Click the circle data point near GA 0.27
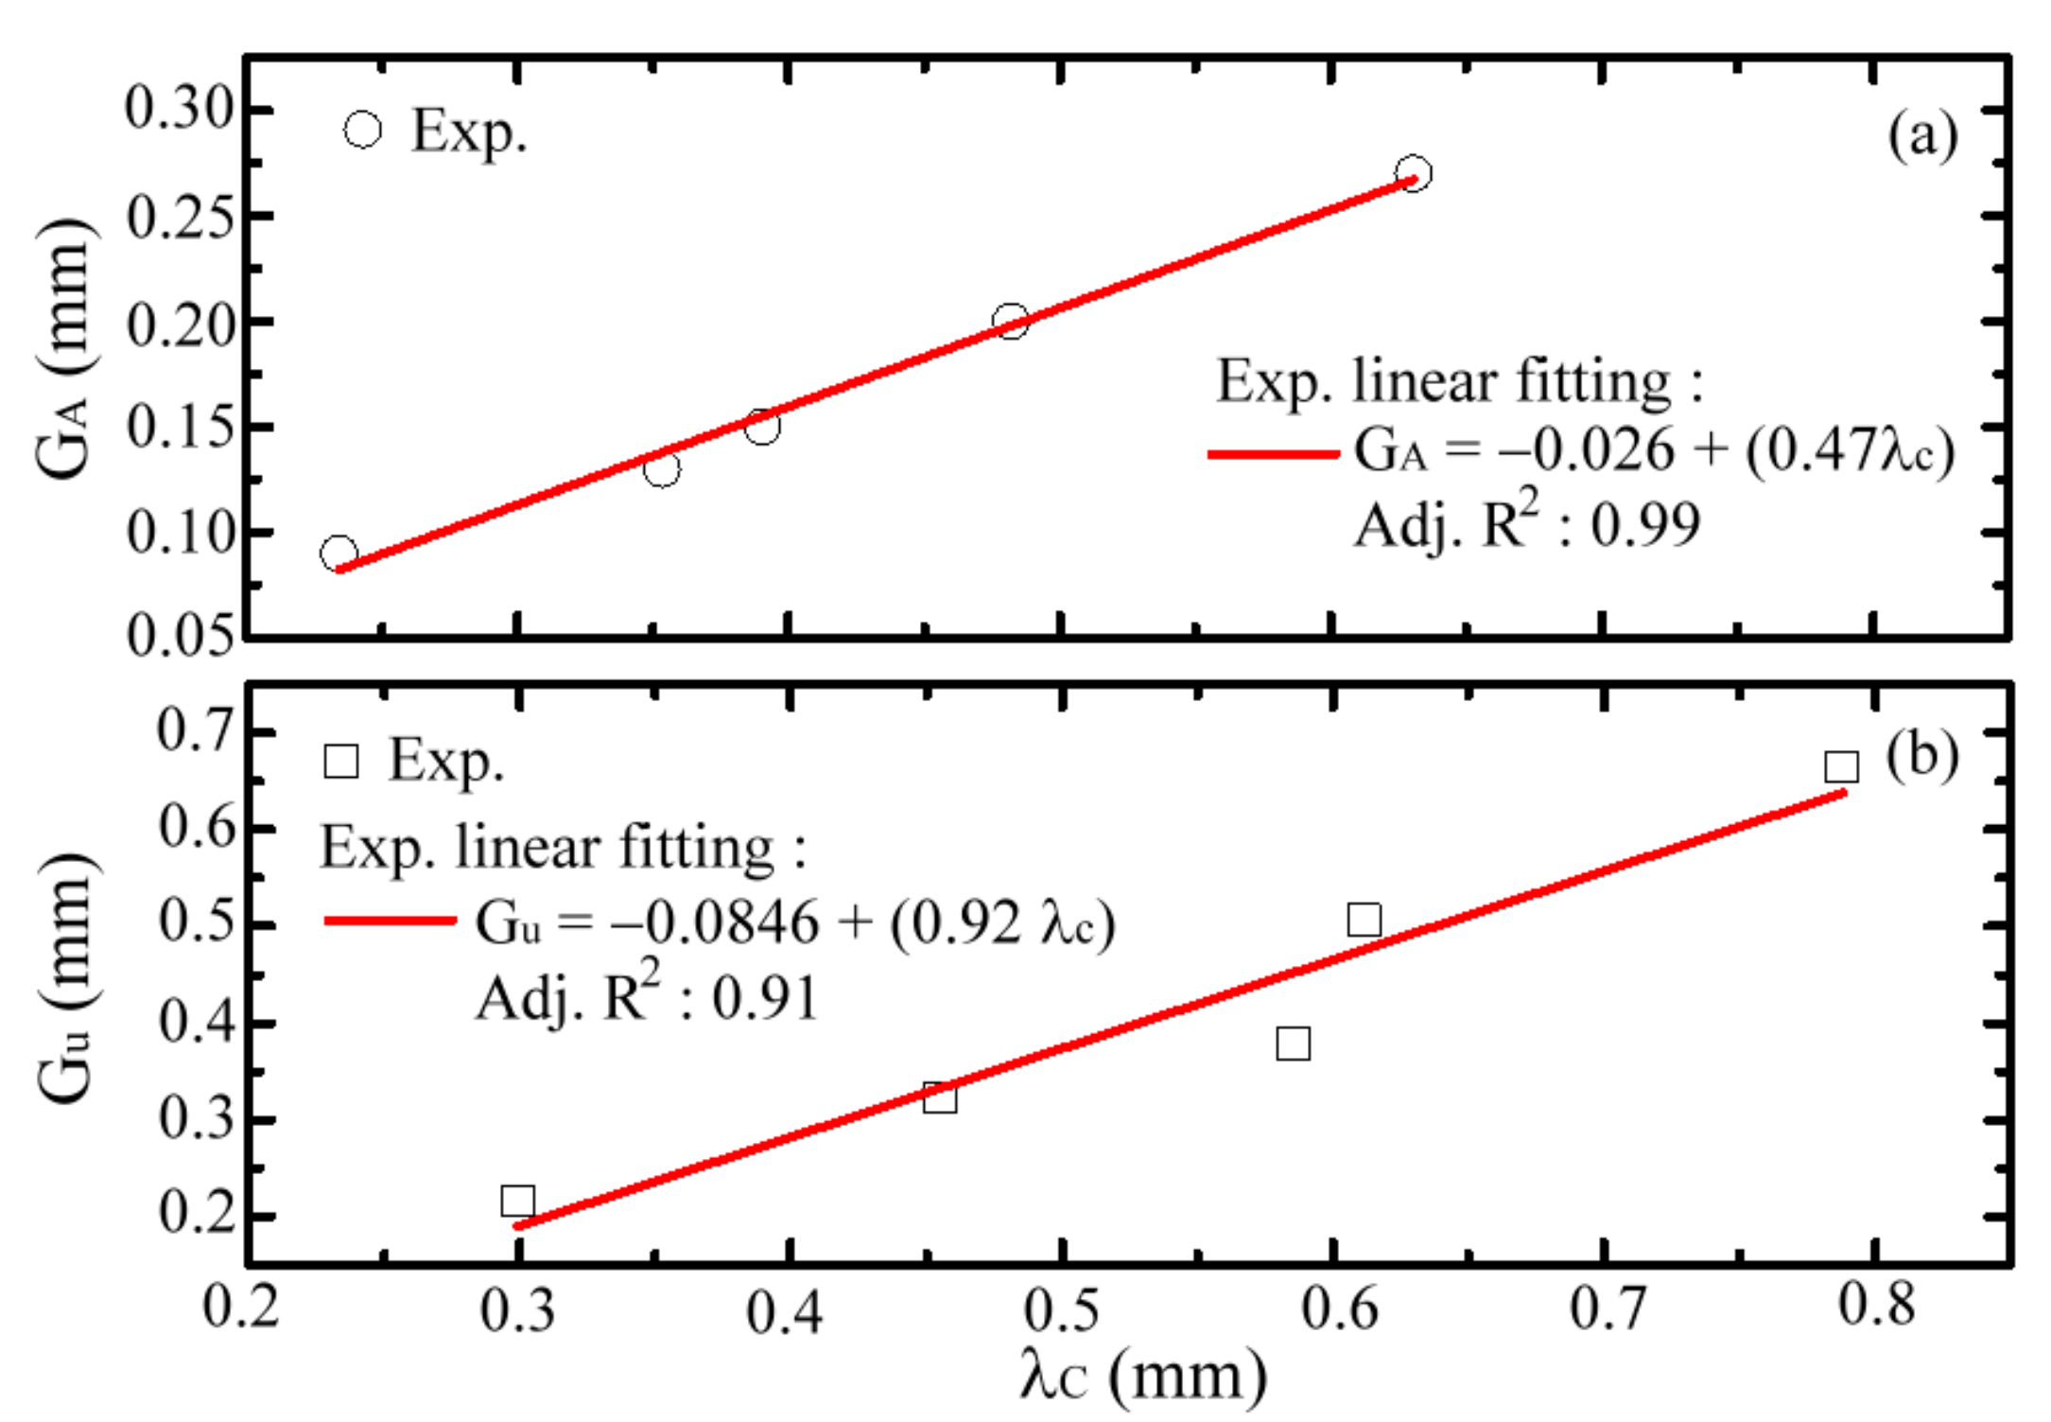1413,173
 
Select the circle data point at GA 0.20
1011,321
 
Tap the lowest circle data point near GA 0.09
339,553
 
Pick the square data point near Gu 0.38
1293,1044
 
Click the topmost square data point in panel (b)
1841,766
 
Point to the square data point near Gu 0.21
517,1201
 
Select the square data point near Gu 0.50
1364,919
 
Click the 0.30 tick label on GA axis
179,109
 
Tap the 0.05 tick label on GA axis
180,635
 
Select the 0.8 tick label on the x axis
1876,1306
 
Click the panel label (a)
1922,135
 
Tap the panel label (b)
1921,756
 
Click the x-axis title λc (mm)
1143,1377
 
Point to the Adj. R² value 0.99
1645,525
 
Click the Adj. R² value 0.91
764,998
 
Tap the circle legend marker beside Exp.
363,130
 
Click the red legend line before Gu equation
390,921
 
